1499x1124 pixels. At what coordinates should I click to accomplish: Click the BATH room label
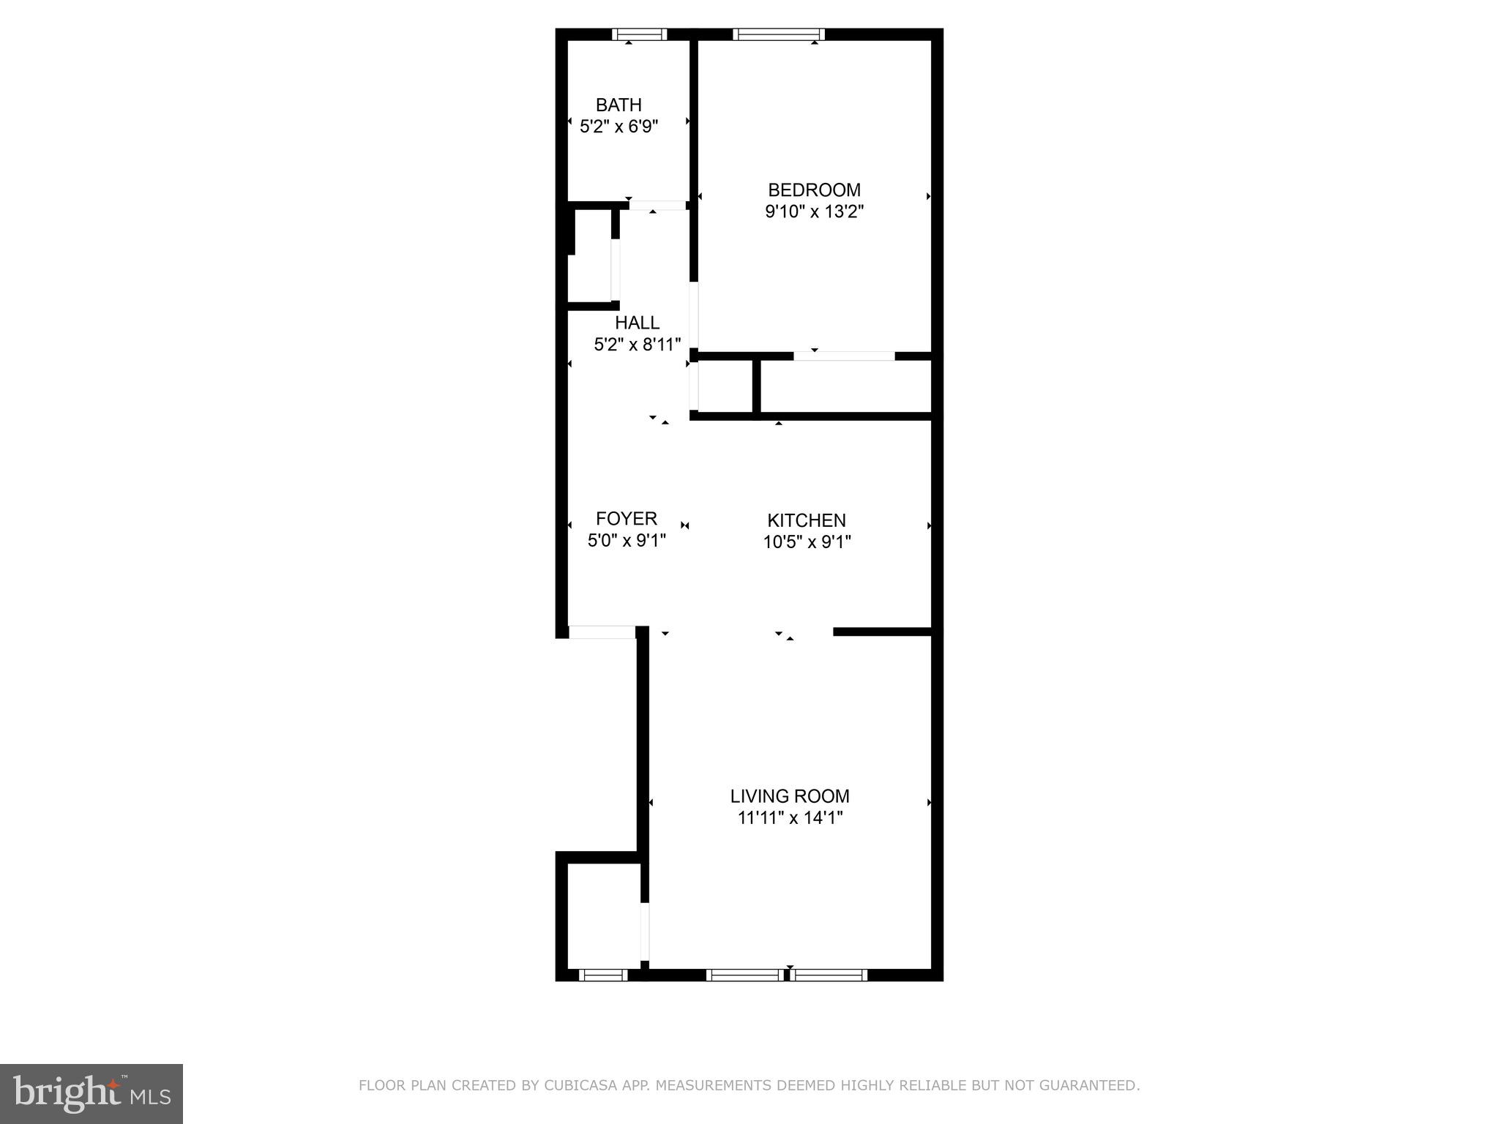coord(618,105)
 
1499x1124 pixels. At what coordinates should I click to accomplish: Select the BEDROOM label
coord(814,190)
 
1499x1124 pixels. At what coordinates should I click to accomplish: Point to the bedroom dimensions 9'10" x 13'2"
coord(814,212)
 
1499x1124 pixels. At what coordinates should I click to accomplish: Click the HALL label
coord(637,323)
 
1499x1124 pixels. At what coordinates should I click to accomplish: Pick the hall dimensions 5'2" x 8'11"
coord(637,345)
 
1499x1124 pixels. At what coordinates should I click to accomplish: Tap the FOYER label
coord(627,519)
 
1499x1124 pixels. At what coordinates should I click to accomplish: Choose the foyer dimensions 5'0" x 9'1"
coord(627,541)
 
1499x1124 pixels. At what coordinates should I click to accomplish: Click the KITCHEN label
coord(807,520)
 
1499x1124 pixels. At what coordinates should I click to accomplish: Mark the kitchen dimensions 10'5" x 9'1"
coord(807,542)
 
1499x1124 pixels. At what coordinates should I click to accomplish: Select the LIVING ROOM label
coord(790,796)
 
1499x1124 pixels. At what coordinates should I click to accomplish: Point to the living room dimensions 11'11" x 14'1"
coord(790,818)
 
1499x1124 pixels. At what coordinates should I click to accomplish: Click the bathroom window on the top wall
coord(639,34)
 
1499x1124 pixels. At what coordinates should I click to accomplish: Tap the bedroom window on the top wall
coord(779,34)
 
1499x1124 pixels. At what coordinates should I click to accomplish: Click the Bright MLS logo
coord(91,1094)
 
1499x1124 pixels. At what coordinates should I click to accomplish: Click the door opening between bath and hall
coord(657,206)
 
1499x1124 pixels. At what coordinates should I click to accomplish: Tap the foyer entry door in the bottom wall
coord(602,632)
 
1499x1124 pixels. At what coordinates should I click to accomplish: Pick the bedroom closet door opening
coord(844,356)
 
